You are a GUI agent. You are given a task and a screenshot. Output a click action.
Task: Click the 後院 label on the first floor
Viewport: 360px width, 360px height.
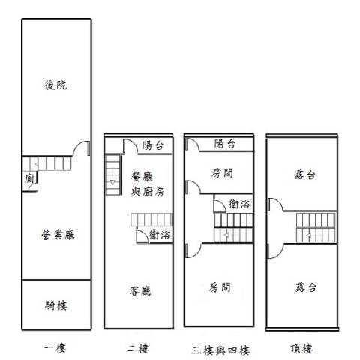point(55,85)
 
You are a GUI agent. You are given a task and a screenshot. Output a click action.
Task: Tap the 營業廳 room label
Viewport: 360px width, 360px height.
point(58,235)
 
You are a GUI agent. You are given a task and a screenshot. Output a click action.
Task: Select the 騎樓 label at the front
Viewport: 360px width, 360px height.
point(56,305)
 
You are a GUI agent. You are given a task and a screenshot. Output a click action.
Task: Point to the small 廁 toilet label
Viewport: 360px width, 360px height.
point(29,178)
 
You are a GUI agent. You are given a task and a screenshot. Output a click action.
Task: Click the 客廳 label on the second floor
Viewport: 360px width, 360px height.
point(140,291)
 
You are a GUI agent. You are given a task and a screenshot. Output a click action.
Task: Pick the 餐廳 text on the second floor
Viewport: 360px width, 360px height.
point(142,177)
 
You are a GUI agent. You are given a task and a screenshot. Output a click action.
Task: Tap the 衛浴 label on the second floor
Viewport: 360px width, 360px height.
point(160,235)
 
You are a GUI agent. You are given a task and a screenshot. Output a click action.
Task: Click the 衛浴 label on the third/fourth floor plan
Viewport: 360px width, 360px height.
point(239,205)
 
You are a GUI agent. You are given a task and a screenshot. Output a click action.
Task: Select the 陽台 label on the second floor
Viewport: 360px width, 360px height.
point(153,145)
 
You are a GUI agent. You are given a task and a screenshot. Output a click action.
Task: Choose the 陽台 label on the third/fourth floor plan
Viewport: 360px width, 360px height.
point(225,144)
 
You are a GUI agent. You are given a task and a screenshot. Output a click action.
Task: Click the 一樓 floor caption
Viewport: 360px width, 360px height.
point(55,348)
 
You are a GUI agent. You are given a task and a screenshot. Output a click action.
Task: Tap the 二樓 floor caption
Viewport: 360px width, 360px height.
point(138,348)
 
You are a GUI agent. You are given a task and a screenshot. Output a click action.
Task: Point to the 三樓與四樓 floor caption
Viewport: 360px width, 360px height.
point(221,350)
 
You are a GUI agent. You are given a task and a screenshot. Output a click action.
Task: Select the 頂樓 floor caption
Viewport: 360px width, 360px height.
point(301,348)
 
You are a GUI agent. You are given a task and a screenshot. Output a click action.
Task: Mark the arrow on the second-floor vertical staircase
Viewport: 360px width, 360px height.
point(112,183)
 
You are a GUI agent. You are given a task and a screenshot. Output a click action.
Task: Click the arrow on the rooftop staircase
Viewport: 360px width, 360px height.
point(309,235)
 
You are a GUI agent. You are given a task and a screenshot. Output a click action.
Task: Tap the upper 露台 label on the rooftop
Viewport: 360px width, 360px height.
point(305,175)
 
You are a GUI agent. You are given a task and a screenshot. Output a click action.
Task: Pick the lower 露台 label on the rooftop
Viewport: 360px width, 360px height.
point(305,287)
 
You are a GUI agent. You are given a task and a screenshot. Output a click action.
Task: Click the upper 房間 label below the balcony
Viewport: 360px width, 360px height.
point(222,173)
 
